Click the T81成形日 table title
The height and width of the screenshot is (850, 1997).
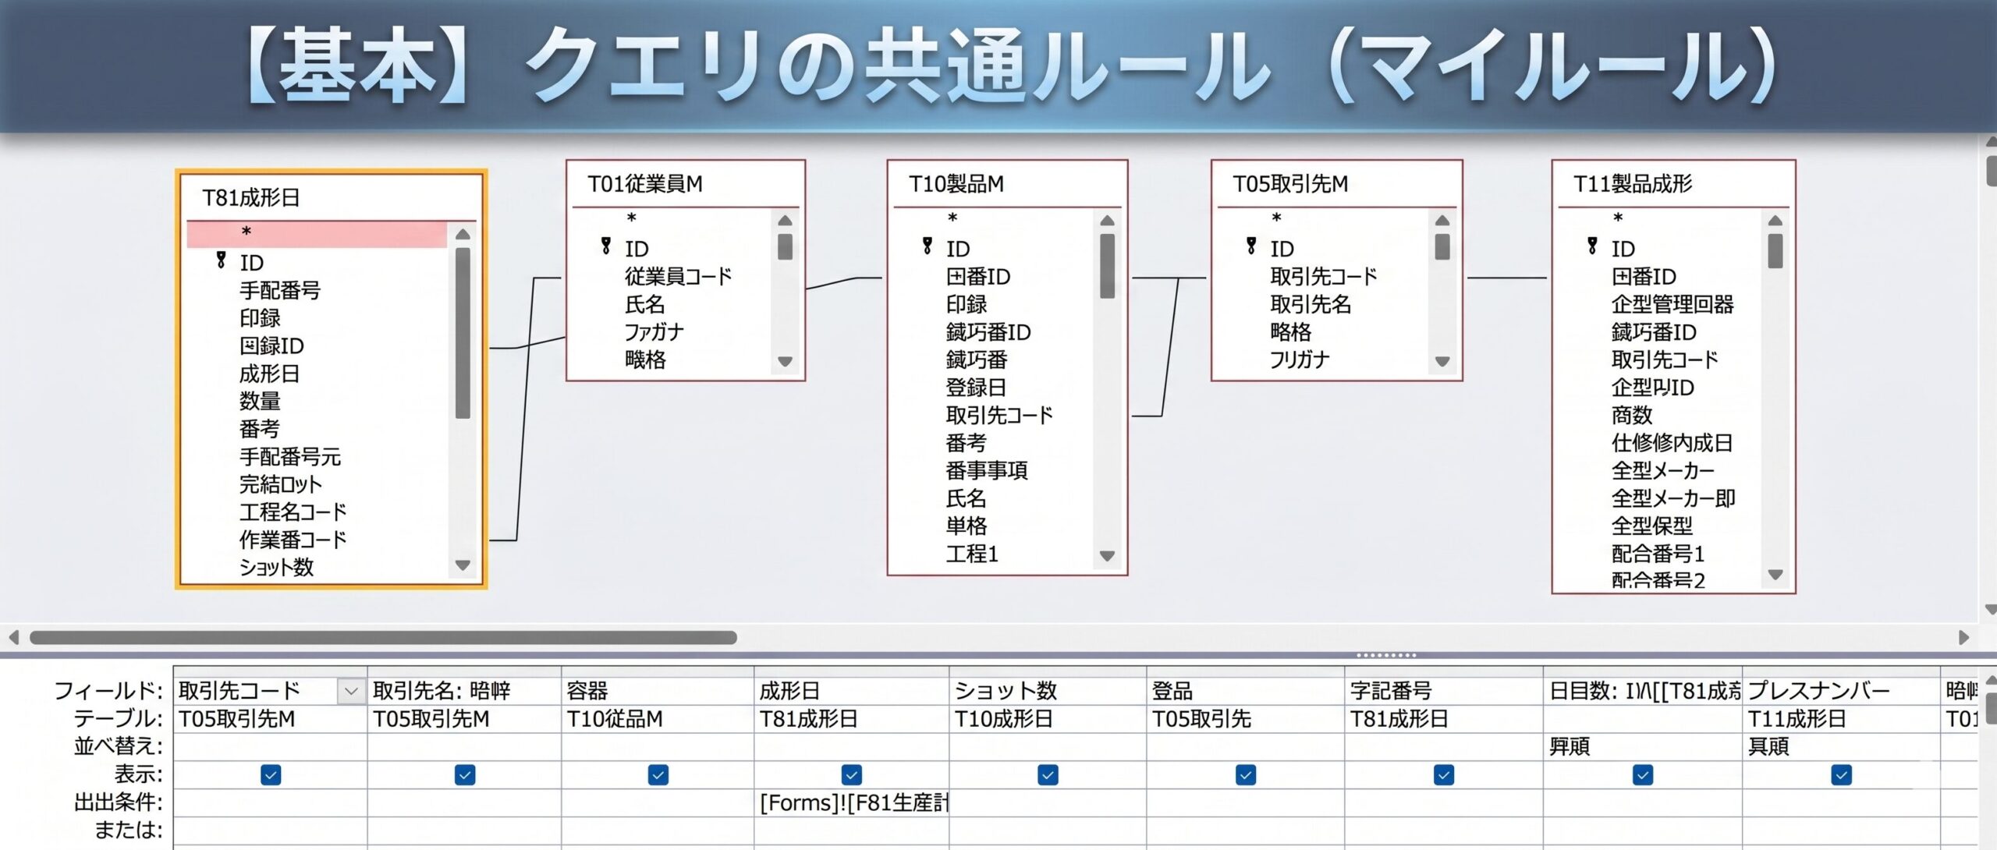[251, 198]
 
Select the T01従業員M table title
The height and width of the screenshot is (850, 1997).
[645, 184]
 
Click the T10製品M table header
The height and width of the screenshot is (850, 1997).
[956, 184]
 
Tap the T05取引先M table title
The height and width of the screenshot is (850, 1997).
[1290, 184]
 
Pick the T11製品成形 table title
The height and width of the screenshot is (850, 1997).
[1633, 184]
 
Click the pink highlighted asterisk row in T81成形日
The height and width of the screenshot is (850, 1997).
[317, 233]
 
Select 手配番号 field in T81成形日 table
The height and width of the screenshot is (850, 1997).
[280, 291]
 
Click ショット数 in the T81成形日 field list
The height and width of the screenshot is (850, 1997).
[276, 568]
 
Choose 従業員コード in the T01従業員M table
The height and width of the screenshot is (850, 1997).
[678, 277]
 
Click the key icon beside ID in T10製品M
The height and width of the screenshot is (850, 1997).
[928, 247]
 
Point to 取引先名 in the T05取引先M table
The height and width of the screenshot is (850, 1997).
[1311, 304]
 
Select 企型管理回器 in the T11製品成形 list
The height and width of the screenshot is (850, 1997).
[1672, 304]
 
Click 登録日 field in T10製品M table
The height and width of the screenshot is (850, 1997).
[976, 388]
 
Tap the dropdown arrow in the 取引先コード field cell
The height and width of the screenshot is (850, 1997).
[351, 691]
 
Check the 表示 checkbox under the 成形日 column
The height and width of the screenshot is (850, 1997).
[851, 775]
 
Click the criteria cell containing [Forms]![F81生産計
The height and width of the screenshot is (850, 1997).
[852, 803]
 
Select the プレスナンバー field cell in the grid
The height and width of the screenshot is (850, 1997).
[1818, 691]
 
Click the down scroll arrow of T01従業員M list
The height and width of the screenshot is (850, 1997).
[785, 362]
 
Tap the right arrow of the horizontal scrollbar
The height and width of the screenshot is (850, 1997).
[1963, 638]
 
